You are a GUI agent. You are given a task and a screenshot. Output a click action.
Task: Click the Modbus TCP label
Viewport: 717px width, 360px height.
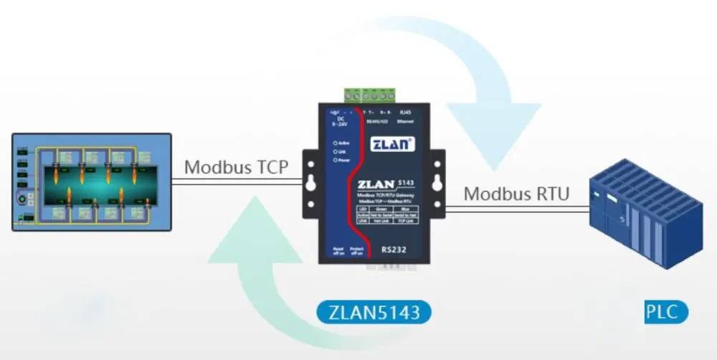pos(236,168)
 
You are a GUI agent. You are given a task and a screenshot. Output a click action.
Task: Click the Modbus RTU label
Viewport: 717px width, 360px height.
pos(516,194)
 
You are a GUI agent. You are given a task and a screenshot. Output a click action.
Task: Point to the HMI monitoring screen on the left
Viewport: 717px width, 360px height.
pos(92,181)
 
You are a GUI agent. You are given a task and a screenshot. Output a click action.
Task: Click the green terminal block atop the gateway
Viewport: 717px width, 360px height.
pos(370,95)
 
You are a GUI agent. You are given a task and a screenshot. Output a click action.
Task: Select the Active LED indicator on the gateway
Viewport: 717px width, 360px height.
pos(336,143)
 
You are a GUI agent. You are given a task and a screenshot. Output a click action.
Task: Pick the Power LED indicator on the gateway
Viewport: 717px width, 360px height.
pos(336,160)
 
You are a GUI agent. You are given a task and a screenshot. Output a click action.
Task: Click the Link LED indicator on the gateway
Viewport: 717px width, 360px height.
pos(336,152)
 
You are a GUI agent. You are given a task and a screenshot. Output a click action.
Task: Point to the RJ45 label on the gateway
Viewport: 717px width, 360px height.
pos(405,113)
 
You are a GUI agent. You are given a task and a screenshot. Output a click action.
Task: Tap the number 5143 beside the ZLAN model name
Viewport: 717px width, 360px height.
pos(406,182)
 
